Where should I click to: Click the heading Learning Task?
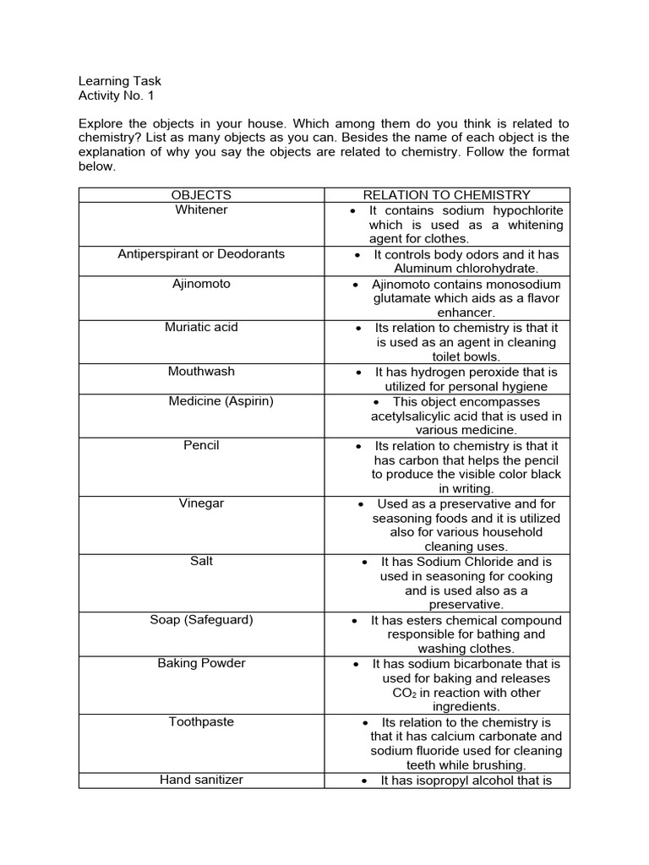pos(119,81)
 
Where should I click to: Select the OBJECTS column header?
pos(201,195)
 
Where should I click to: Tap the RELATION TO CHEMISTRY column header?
pos(446,195)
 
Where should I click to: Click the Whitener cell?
pos(201,209)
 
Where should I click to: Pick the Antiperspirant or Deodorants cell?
pos(201,253)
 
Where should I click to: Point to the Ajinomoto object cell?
pos(201,284)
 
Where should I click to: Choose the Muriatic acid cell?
pos(201,327)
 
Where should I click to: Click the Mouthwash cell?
pos(201,371)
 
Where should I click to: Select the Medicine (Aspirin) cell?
pos(221,401)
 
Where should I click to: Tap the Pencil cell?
pos(201,445)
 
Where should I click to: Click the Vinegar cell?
pos(201,503)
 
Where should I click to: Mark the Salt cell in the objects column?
pos(201,561)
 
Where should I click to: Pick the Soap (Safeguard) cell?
pos(201,619)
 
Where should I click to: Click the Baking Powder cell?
pos(201,663)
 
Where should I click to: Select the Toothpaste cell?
pos(201,721)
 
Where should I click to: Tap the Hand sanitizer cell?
pos(201,780)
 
